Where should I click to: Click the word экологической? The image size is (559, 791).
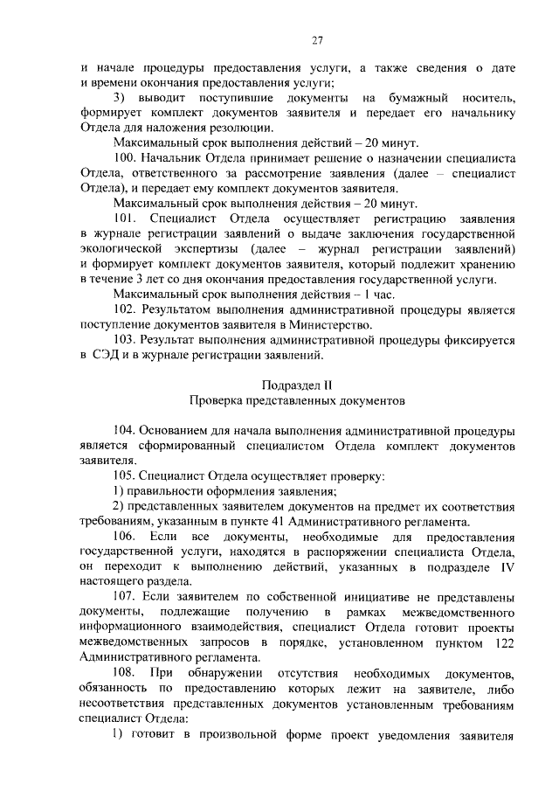[121, 248]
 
